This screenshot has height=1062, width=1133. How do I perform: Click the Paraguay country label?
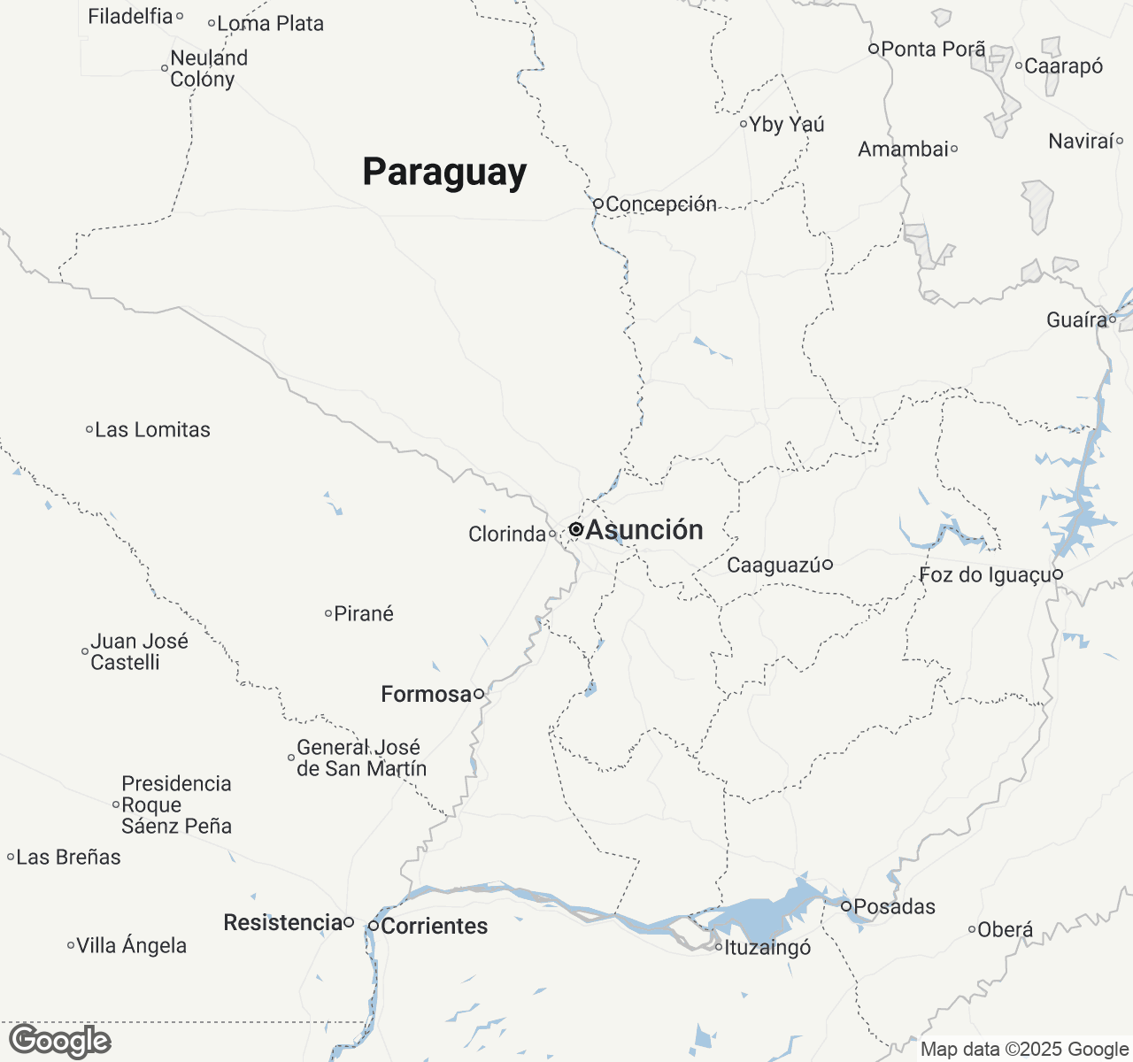click(444, 172)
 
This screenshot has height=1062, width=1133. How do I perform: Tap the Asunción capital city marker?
click(575, 529)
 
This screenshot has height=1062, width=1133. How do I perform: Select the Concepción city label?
click(661, 204)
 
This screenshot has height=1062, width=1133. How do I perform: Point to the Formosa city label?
click(426, 694)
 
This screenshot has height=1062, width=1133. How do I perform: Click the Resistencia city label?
click(282, 922)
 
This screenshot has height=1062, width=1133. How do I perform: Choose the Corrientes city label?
click(435, 926)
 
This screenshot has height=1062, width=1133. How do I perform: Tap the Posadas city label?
click(894, 906)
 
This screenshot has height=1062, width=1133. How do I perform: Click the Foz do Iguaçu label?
click(985, 575)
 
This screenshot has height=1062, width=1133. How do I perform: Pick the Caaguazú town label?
click(774, 565)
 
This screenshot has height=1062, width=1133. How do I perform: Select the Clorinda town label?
click(507, 534)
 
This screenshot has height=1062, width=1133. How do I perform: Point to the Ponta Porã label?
click(933, 49)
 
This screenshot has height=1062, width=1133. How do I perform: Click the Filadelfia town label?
click(130, 16)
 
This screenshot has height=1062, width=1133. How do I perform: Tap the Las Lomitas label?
click(152, 430)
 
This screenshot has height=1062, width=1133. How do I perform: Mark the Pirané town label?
click(364, 613)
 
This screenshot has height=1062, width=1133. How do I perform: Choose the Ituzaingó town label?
click(767, 947)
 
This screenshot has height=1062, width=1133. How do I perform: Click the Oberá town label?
click(1005, 929)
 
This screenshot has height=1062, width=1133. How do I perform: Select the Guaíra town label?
click(1076, 319)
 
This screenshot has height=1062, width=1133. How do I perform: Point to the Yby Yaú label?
click(787, 124)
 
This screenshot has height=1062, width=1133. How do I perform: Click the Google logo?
click(59, 1041)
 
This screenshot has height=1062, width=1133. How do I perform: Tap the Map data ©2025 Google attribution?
click(1024, 1050)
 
